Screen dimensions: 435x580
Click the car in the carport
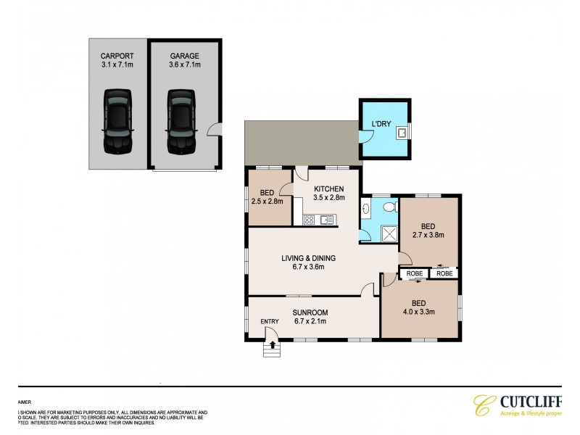pyautogui.click(x=118, y=121)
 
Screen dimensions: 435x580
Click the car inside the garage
pyautogui.click(x=181, y=121)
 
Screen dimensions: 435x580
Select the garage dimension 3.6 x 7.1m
pyautogui.click(x=185, y=65)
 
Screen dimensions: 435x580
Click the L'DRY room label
pyautogui.click(x=381, y=124)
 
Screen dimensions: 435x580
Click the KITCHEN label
pyautogui.click(x=329, y=188)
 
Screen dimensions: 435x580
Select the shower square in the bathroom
pyautogui.click(x=389, y=233)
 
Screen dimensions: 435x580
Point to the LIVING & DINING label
pyautogui.click(x=309, y=258)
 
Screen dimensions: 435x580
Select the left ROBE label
pyautogui.click(x=414, y=273)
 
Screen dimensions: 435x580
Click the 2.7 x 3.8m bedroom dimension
pyautogui.click(x=428, y=235)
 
